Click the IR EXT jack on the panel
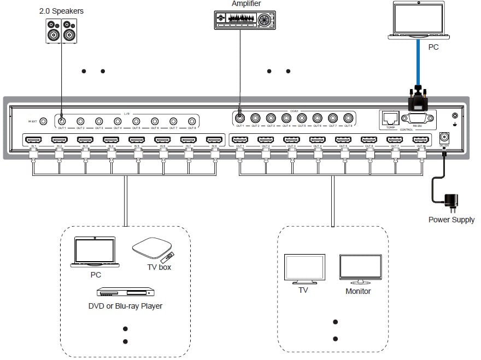tap(44, 121)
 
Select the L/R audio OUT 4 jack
tap(118, 121)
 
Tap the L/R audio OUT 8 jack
tap(192, 121)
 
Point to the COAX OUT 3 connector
tap(271, 117)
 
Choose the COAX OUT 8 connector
tap(348, 117)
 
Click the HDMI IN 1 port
tap(33, 140)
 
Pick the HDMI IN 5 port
tap(137, 140)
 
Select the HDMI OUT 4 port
tap(318, 140)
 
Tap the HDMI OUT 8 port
tap(421, 140)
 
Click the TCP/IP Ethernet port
tap(391, 117)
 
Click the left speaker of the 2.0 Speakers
tap(53, 32)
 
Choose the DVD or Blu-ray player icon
tap(122, 292)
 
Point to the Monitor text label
tap(358, 291)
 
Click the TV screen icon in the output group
tap(305, 268)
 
